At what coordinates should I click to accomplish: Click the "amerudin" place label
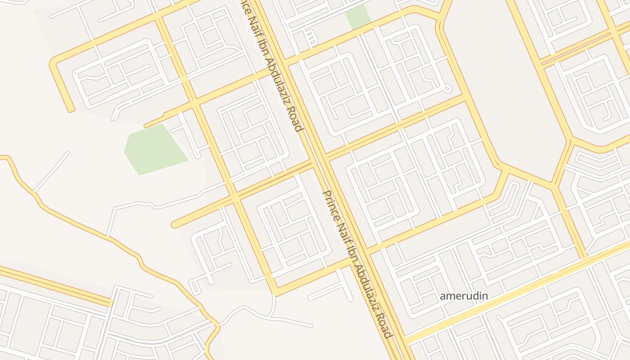pos(463,296)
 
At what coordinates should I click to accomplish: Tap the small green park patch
pos(358,17)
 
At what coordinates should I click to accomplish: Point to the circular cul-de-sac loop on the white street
pos(447,89)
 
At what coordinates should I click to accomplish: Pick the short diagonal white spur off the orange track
pos(52,171)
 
